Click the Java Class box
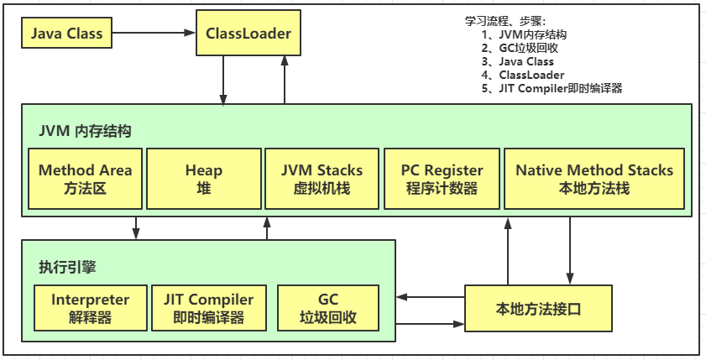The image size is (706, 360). [x=66, y=34]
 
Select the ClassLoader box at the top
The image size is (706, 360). [x=248, y=34]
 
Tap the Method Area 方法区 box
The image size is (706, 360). [x=85, y=179]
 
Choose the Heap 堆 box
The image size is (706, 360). [x=204, y=179]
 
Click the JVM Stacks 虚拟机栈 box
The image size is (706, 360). [x=322, y=179]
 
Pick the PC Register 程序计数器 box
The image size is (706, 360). [x=442, y=179]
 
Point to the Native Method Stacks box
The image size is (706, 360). [x=594, y=179]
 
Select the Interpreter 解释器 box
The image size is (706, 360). [x=90, y=308]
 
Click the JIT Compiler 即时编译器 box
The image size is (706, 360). [x=208, y=308]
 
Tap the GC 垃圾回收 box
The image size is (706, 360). [x=327, y=308]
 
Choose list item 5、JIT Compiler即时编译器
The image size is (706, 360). [x=552, y=88]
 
